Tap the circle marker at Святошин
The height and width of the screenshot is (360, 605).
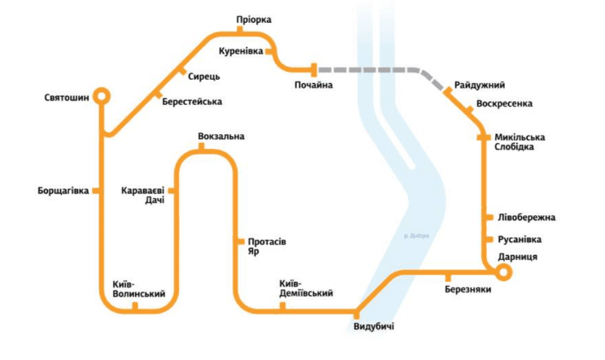tap(101, 96)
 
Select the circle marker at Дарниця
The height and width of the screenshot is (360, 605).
tap(503, 273)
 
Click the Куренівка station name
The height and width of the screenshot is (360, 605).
tap(242, 52)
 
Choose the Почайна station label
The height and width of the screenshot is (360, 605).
tap(314, 85)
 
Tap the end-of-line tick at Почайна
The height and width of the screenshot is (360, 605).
tap(314, 69)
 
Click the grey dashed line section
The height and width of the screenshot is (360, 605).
tap(374, 69)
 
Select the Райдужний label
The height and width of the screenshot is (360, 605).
tap(480, 85)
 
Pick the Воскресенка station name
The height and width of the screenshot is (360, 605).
tap(505, 104)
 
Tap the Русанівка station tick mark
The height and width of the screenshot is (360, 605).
tap(489, 240)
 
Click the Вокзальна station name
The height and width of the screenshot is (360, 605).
tap(221, 136)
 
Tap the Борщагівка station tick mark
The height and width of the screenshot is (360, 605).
tap(96, 191)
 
